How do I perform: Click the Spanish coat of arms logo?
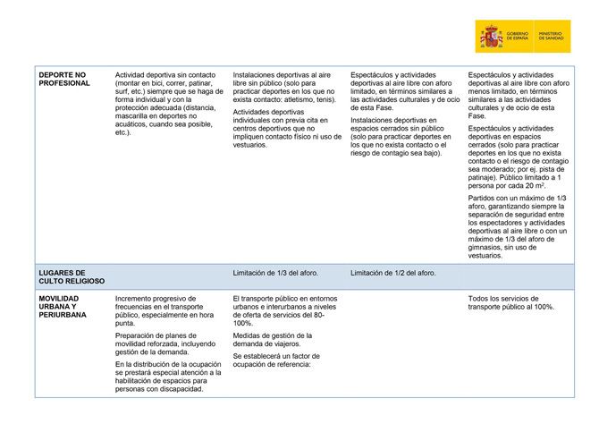[493, 37]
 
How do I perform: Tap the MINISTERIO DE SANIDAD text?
[553, 37]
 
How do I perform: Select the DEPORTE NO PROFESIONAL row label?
[64, 79]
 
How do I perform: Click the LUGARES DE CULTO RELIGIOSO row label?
[67, 276]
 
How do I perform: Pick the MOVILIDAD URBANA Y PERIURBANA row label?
[63, 306]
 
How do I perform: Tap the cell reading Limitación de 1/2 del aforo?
[393, 273]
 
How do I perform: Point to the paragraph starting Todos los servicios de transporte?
[512, 301]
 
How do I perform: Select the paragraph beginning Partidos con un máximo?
[518, 226]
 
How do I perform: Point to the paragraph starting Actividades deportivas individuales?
[286, 129]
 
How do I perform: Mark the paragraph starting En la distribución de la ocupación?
[166, 377]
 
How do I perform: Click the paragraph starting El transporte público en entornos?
[285, 310]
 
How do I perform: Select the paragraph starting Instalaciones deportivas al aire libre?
[285, 88]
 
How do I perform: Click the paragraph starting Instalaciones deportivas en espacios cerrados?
[400, 136]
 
